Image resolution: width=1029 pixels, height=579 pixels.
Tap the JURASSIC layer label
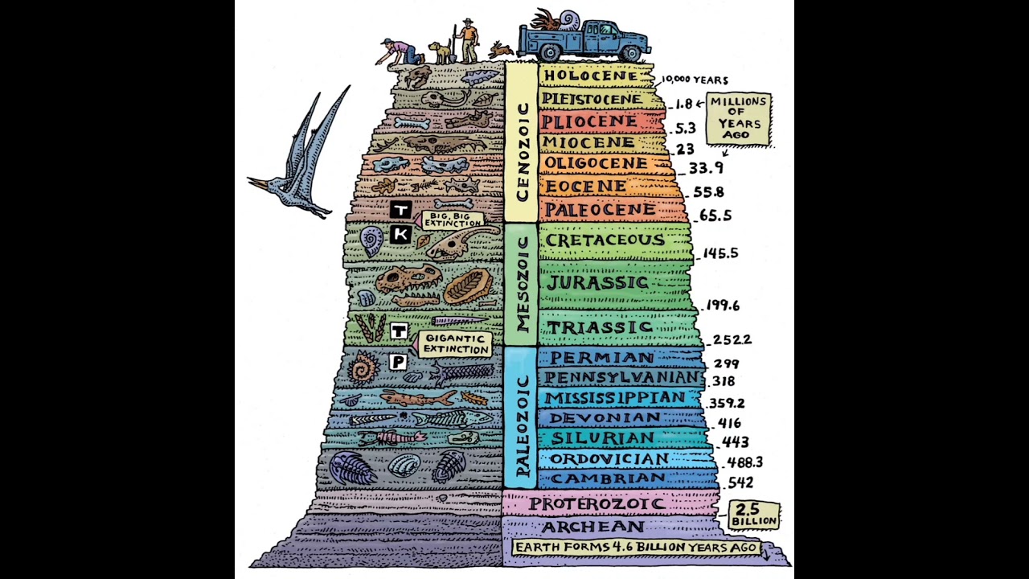coord(597,283)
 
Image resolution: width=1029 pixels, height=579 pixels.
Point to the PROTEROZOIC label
coord(596,504)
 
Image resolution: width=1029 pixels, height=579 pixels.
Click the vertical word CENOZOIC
coord(522,152)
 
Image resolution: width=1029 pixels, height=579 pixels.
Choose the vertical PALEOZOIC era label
coord(521,425)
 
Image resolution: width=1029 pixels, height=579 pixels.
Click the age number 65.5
coord(715,216)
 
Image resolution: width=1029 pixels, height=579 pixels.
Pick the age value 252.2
coord(732,339)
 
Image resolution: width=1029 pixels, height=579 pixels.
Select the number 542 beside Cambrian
coord(740,482)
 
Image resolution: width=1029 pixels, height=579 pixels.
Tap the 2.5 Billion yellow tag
coord(754,515)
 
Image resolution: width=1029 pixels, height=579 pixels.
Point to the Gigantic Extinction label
coord(456,344)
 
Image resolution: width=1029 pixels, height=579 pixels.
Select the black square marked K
coord(400,234)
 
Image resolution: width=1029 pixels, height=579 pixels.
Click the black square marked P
coord(397,362)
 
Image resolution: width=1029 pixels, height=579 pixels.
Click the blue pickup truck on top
coord(584,39)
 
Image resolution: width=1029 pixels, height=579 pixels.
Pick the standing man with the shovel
coord(467,41)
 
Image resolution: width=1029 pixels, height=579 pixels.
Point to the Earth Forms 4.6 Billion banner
coord(636,548)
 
